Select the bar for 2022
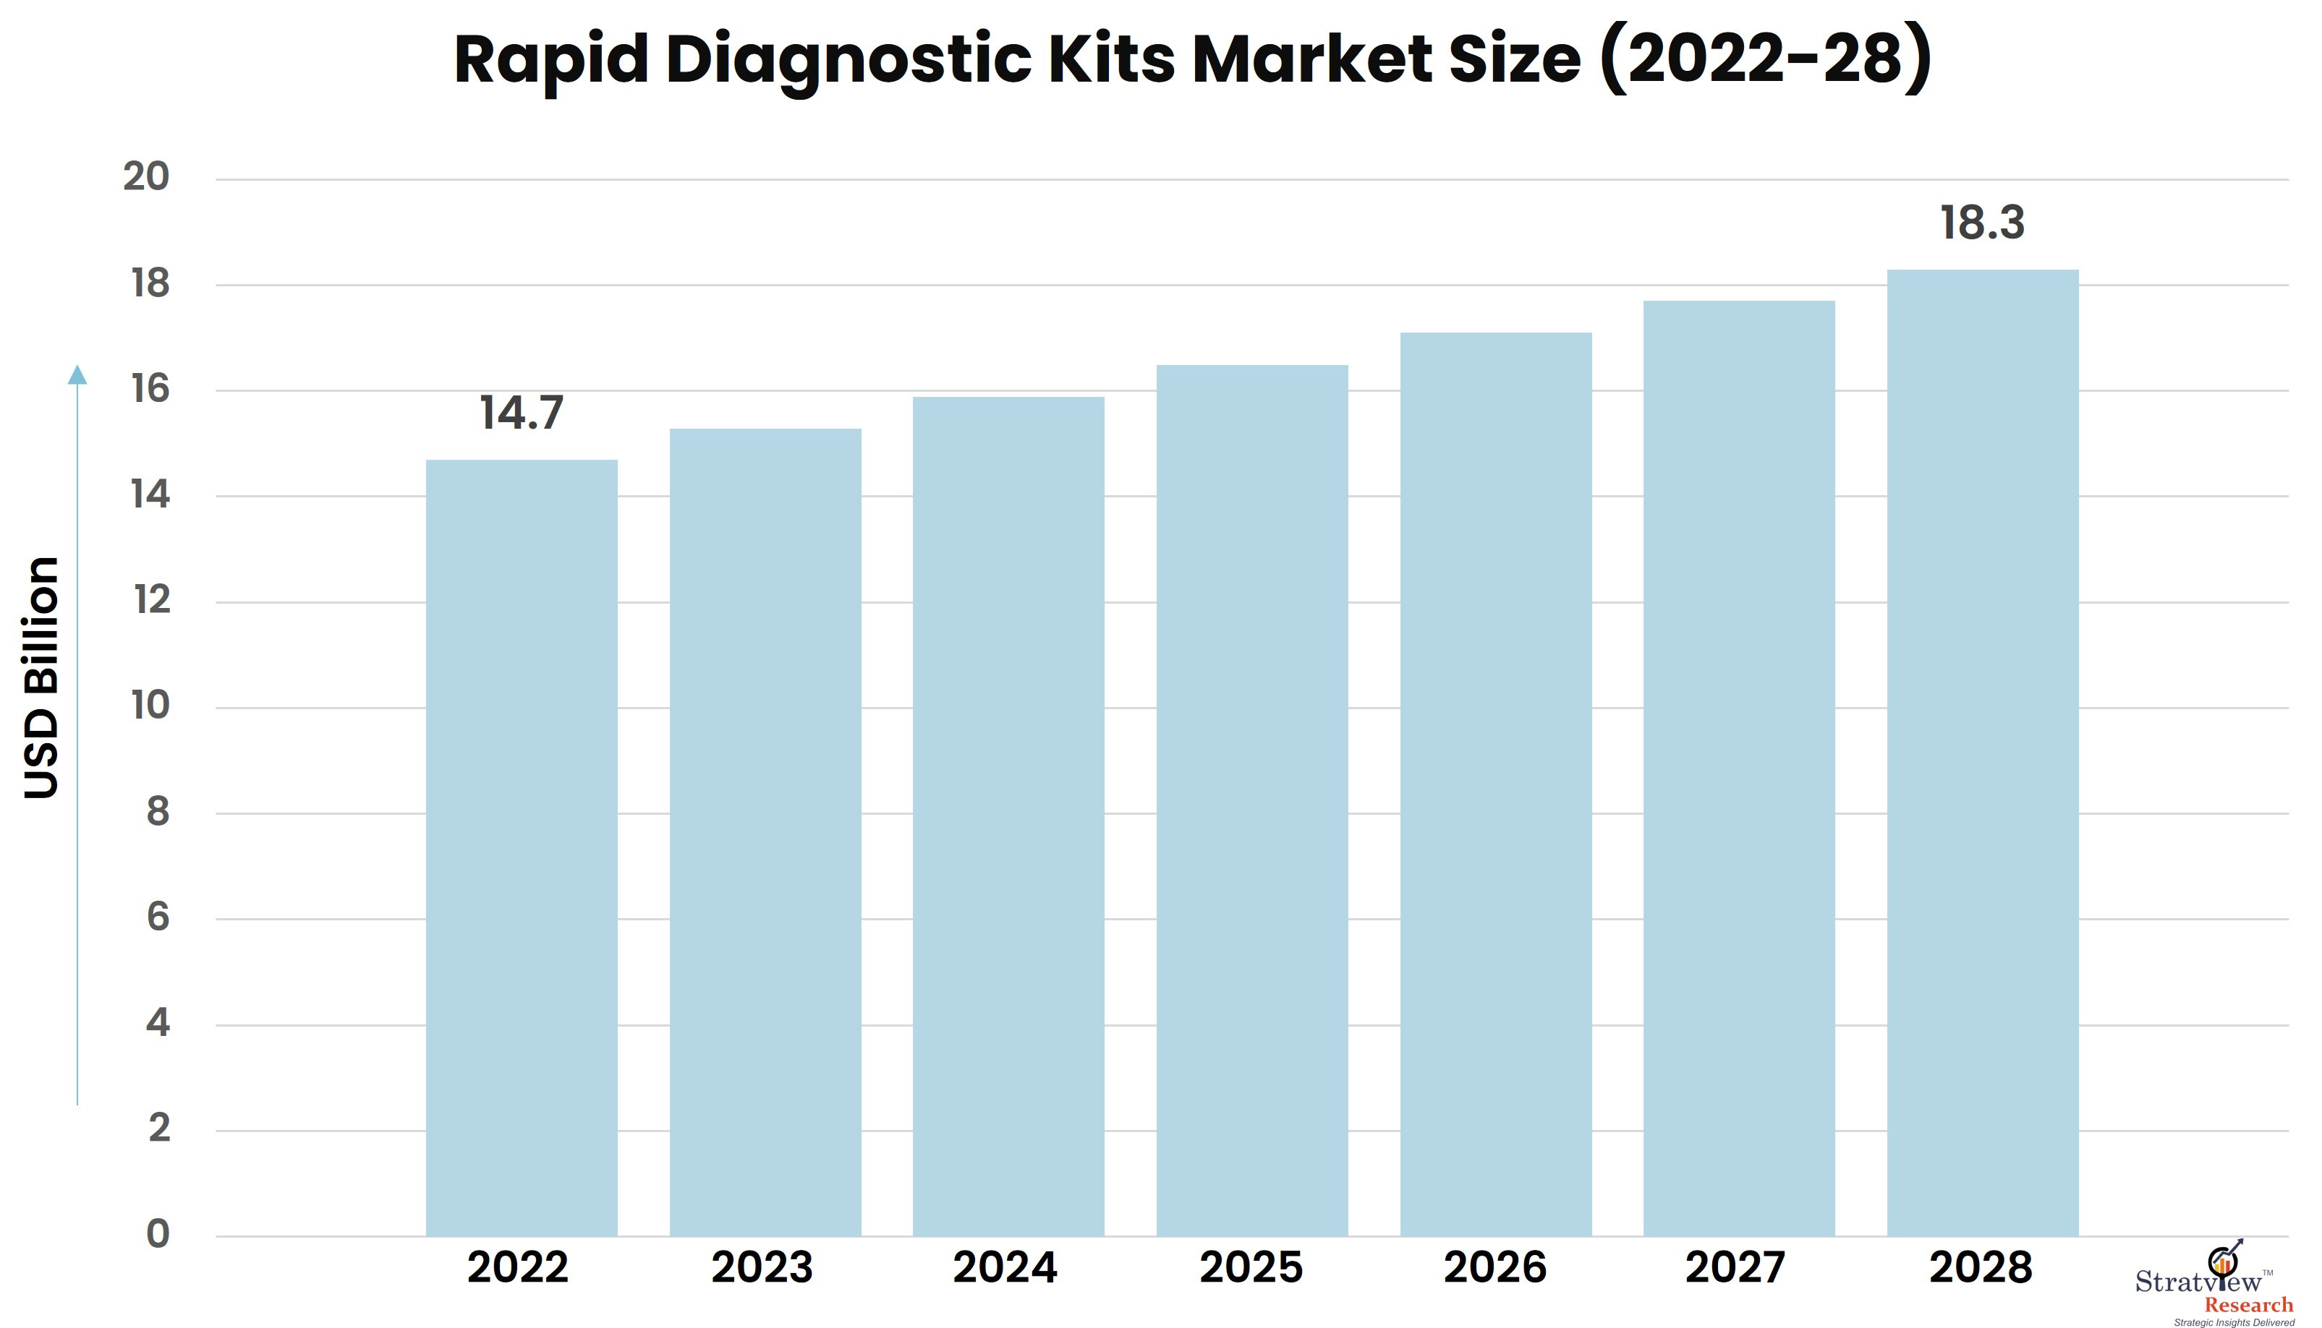(522, 848)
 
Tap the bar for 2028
(1983, 753)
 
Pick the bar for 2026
(1497, 784)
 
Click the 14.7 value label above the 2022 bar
(522, 414)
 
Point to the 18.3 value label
(1983, 223)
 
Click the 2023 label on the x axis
(762, 1268)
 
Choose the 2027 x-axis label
(1735, 1268)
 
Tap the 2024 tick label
(1005, 1268)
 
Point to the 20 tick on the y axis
(146, 177)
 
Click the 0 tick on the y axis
(158, 1234)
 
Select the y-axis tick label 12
(151, 600)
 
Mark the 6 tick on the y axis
(158, 917)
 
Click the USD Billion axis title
(41, 677)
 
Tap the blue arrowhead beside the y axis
(77, 374)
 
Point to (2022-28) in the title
(1766, 59)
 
